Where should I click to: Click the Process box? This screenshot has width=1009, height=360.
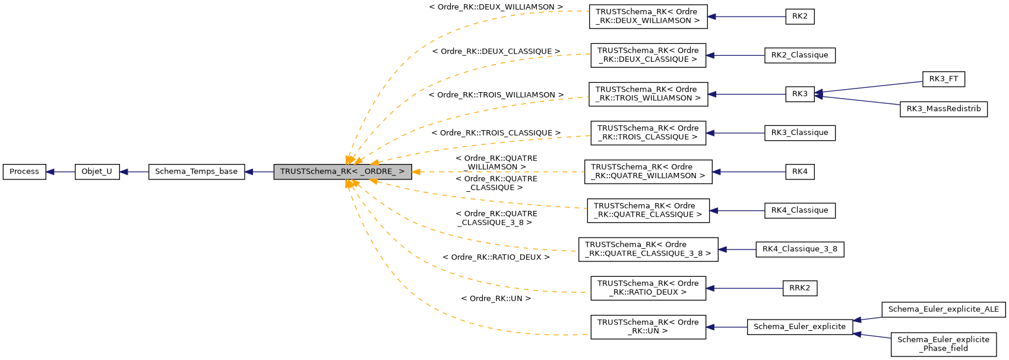24,172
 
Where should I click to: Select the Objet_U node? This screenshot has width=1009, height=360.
97,172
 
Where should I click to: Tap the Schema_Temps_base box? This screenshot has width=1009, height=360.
196,172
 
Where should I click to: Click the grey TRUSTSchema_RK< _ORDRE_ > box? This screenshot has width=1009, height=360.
342,172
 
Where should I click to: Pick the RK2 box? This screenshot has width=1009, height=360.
799,17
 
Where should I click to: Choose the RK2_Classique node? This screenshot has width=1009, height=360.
799,55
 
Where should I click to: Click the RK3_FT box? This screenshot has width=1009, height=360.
943,79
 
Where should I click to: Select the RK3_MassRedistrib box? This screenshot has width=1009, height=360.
943,109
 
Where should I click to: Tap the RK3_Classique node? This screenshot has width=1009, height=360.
799,133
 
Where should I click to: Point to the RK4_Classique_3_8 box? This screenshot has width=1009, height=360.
799,250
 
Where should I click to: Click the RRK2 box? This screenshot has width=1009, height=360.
799,288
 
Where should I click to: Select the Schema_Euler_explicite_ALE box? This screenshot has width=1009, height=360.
943,310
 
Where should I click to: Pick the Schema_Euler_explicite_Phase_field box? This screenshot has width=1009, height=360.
943,344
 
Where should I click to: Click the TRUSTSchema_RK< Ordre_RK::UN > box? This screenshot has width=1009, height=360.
647,327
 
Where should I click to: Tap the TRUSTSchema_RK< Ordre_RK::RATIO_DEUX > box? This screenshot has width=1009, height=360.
647,288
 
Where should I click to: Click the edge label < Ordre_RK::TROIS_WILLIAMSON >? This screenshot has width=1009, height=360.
496,95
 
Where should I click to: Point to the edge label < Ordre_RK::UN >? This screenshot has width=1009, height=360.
496,299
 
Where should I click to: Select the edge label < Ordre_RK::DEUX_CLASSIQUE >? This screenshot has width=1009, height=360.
496,52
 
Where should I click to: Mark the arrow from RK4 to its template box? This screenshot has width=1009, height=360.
748,172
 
